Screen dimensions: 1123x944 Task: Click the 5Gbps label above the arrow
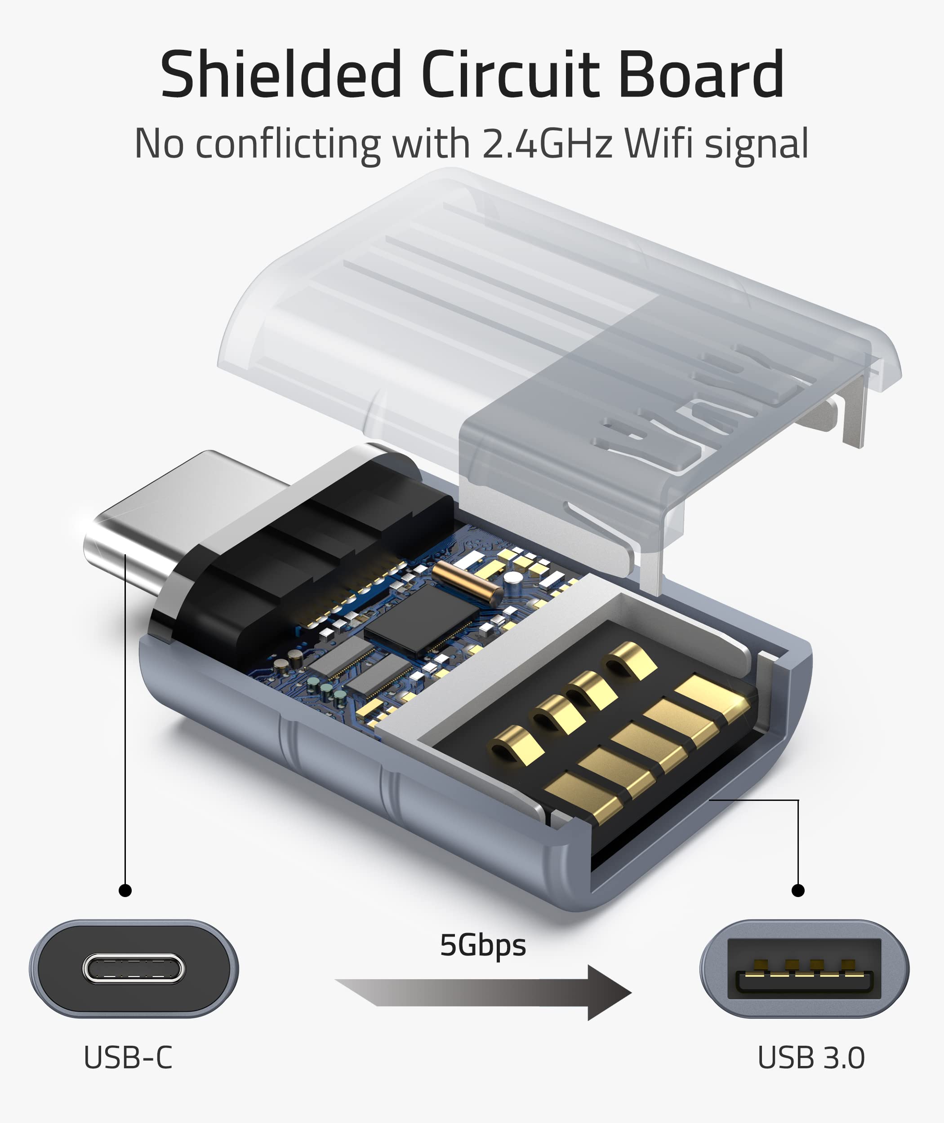coord(483,946)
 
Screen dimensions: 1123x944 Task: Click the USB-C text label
coord(128,1058)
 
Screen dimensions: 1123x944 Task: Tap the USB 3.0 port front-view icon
coord(804,969)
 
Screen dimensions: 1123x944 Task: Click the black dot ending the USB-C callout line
coord(125,890)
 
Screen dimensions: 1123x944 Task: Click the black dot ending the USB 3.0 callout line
coord(797,890)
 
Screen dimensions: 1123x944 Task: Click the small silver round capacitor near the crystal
coord(512,578)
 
